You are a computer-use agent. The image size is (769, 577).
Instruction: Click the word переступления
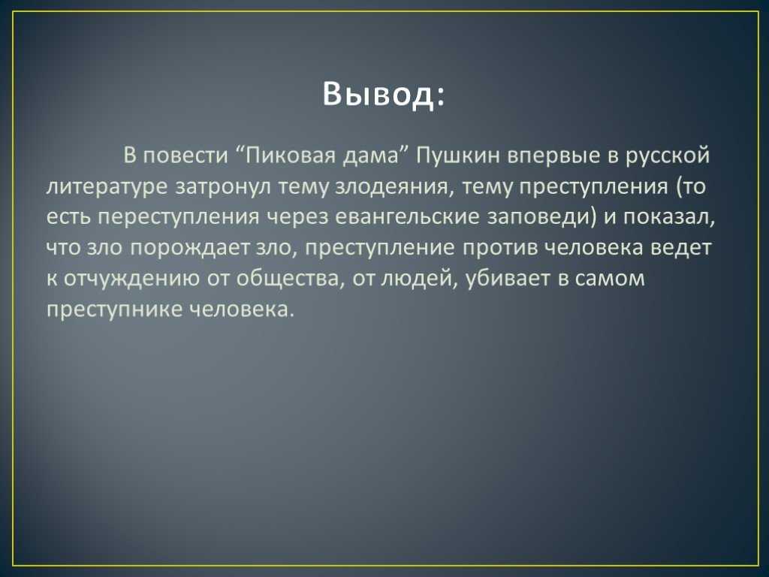click(x=177, y=218)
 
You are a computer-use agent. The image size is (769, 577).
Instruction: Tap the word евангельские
click(x=406, y=216)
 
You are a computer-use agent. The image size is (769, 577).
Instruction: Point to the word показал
click(x=669, y=217)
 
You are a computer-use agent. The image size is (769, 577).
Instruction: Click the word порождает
click(x=191, y=248)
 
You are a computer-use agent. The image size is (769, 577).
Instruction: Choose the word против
click(x=500, y=248)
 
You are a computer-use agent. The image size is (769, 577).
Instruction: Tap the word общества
click(x=288, y=279)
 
